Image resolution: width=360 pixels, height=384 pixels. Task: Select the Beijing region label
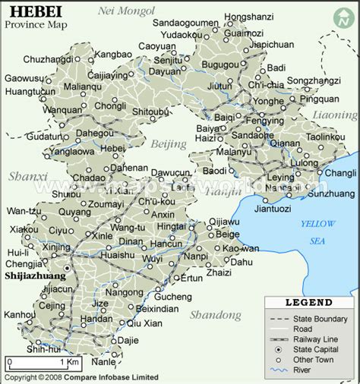[x=168, y=144]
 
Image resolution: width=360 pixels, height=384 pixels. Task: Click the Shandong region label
[x=216, y=315]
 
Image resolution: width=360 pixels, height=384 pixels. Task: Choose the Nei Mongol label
[x=126, y=11]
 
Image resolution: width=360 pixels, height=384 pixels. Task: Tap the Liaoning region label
[x=333, y=115]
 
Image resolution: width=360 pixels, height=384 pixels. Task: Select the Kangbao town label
[x=113, y=54]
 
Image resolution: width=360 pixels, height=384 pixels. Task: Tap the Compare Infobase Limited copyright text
[x=112, y=377]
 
